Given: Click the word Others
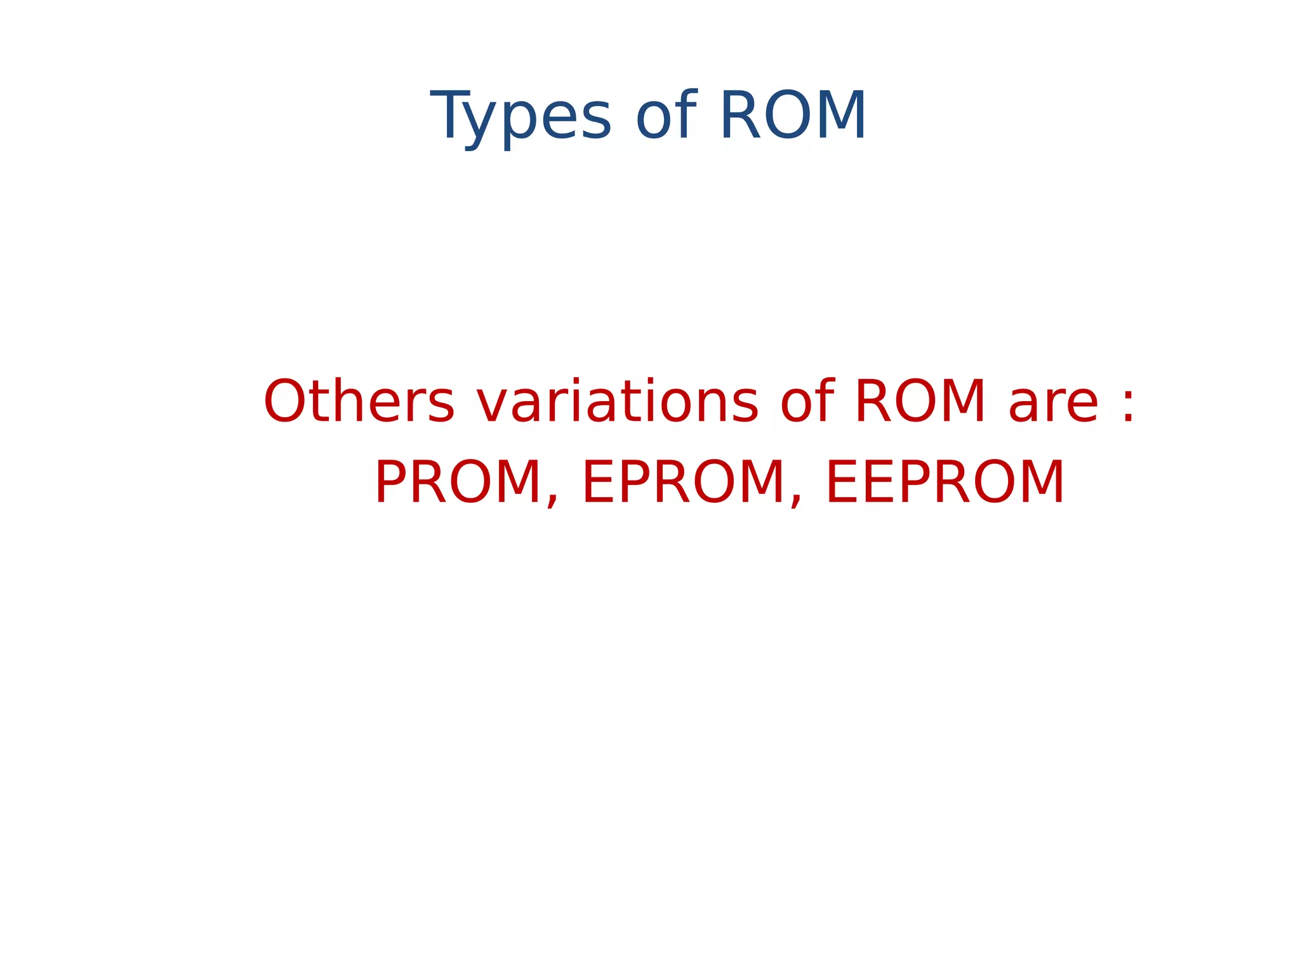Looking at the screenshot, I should tap(359, 401).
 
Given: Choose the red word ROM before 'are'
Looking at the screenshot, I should tap(920, 401).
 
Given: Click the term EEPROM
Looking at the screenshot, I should tap(945, 482).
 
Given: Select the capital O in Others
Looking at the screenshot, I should tap(284, 401).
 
